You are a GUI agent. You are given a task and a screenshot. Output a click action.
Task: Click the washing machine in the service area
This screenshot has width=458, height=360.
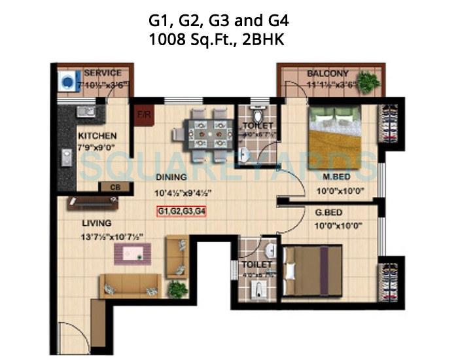point(67,82)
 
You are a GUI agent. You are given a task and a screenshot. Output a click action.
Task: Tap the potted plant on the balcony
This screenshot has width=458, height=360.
point(368,81)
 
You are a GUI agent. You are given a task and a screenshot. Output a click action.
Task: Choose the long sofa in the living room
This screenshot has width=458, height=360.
point(129,285)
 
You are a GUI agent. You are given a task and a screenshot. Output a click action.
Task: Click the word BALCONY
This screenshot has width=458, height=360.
point(327,73)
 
